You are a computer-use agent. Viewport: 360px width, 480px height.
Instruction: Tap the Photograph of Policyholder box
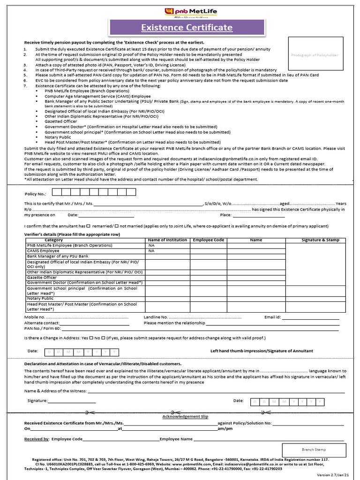[x=314, y=55]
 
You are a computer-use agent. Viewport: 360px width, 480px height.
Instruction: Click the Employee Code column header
[x=209, y=240]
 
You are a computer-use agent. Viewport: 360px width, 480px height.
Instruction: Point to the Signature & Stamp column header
[x=320, y=240]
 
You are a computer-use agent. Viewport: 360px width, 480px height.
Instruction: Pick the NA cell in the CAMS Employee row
[x=151, y=251]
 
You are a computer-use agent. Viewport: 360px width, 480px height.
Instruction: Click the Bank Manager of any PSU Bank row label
[x=58, y=256]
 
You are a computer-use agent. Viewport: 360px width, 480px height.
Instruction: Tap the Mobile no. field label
[x=35, y=317]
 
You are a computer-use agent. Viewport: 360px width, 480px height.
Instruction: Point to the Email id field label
[x=272, y=317]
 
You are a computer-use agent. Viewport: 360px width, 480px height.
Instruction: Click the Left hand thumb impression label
[x=262, y=351]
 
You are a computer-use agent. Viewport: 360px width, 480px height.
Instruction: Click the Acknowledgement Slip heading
[x=185, y=416]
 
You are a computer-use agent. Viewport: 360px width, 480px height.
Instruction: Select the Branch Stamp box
[x=314, y=450]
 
